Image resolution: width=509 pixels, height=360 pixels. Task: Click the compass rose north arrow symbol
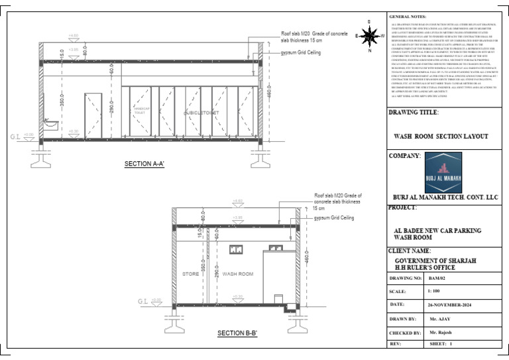(x=369, y=35)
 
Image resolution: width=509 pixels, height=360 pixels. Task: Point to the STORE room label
(x=191, y=274)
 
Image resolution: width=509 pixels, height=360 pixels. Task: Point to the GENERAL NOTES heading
(x=408, y=15)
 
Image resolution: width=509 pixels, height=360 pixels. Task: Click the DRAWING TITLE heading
(x=414, y=113)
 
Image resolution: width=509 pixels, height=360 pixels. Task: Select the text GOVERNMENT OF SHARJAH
(x=435, y=261)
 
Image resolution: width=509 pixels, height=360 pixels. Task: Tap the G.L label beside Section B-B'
(x=142, y=302)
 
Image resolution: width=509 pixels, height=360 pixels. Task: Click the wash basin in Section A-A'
(x=49, y=123)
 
